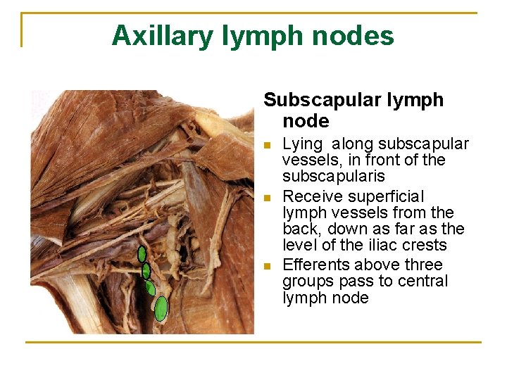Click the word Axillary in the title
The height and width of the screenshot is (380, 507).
click(x=161, y=35)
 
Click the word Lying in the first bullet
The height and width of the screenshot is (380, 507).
click(x=302, y=144)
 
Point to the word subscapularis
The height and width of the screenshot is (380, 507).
click(x=334, y=177)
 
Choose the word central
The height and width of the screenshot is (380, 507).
click(x=423, y=281)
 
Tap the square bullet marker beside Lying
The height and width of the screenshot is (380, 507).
click(x=266, y=146)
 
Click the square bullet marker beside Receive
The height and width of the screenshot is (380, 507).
click(x=266, y=197)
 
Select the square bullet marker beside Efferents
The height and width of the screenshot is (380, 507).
click(x=266, y=266)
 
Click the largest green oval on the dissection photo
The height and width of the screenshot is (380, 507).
click(x=161, y=308)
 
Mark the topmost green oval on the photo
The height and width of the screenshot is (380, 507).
click(x=142, y=254)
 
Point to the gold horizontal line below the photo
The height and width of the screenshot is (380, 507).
click(x=254, y=343)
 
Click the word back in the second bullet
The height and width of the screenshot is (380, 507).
click(x=298, y=229)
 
